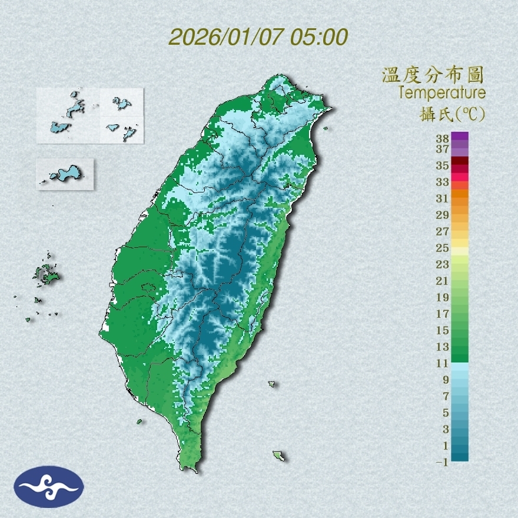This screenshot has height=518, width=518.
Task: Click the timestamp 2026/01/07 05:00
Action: pos(258,36)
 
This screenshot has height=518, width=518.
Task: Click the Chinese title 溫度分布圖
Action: pos(433,75)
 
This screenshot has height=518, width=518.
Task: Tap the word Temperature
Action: pos(441,93)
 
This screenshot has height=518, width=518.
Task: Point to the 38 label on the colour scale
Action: pos(443,138)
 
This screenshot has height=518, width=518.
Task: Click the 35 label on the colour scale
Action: pos(443,165)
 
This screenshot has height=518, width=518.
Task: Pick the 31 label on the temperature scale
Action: pos(443,198)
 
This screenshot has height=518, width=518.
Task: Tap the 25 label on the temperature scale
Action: pos(443,248)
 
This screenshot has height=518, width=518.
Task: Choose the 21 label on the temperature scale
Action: pos(443,281)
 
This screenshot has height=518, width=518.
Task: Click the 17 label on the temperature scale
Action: pos(443,314)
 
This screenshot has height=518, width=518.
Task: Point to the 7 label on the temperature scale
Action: pos(446,396)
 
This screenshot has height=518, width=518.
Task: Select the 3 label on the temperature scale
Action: pos(446,429)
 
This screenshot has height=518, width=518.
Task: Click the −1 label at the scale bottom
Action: pos(443,462)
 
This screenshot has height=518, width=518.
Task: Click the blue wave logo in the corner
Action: pos(48,487)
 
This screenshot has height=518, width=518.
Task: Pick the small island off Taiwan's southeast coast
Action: pos(279,456)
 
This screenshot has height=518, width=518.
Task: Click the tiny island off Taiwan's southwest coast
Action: pos(140,421)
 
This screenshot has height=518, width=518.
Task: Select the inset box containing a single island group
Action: pos(65,174)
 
